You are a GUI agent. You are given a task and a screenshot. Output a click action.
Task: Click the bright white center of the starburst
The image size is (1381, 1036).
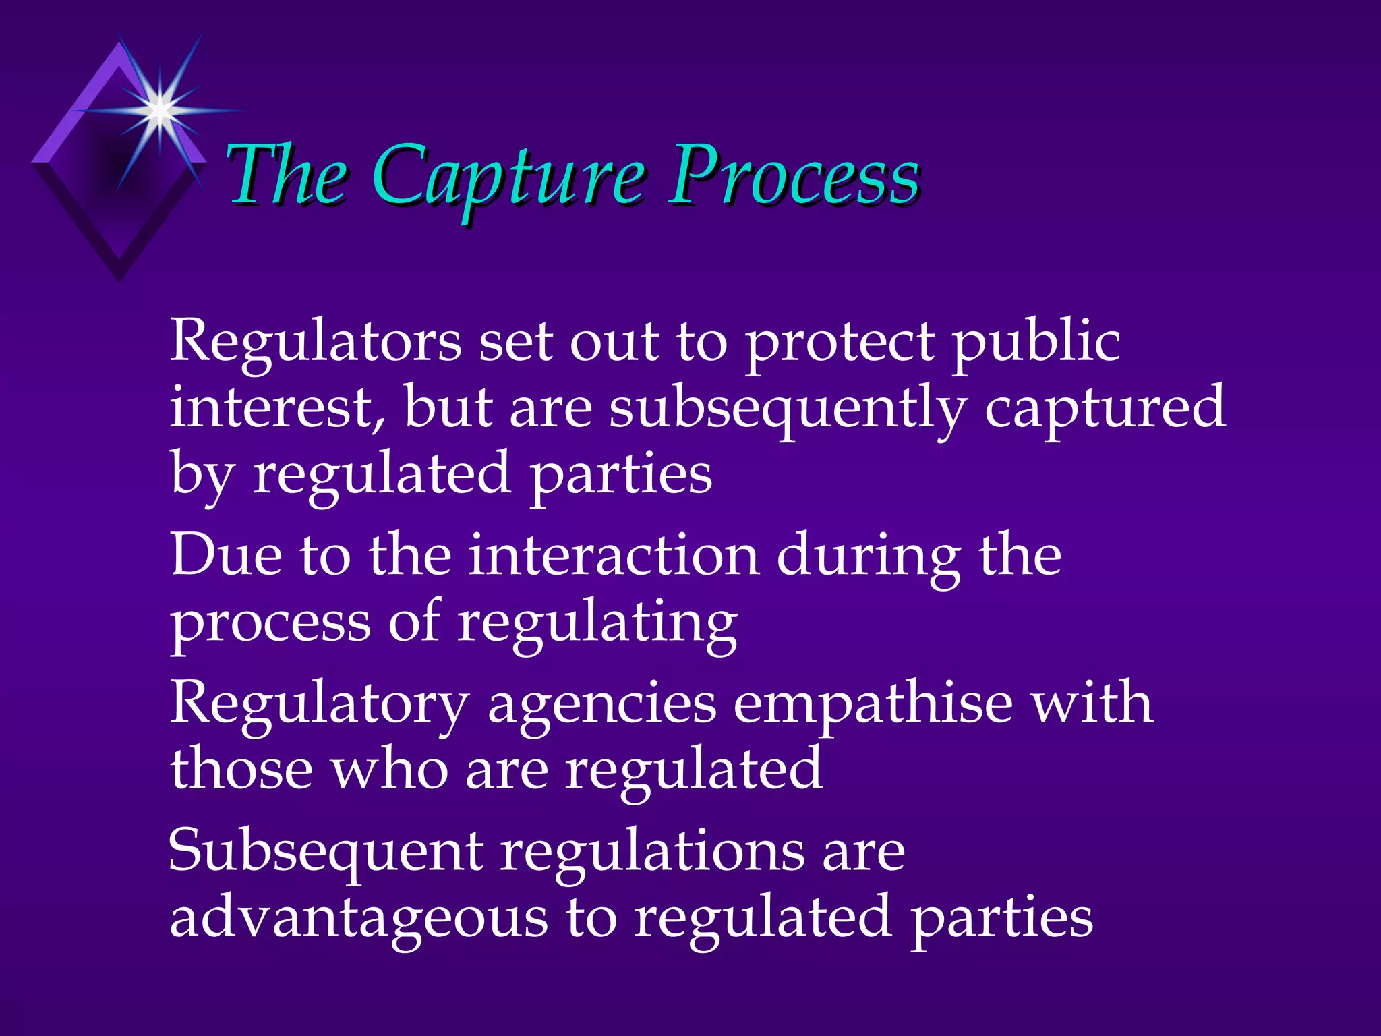coord(160,109)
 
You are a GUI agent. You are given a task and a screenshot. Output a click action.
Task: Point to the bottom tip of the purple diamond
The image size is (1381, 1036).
coord(119,280)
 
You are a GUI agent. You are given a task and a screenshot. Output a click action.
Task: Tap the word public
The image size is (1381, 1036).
coord(1036,341)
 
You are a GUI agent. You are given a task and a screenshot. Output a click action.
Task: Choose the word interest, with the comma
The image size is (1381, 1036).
coord(278,407)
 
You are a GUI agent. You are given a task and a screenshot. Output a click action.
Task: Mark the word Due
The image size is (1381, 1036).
coord(226,554)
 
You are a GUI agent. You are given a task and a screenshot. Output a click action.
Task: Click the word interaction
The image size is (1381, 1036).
coord(614,554)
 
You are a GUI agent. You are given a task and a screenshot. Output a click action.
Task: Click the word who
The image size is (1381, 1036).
coord(390,769)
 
